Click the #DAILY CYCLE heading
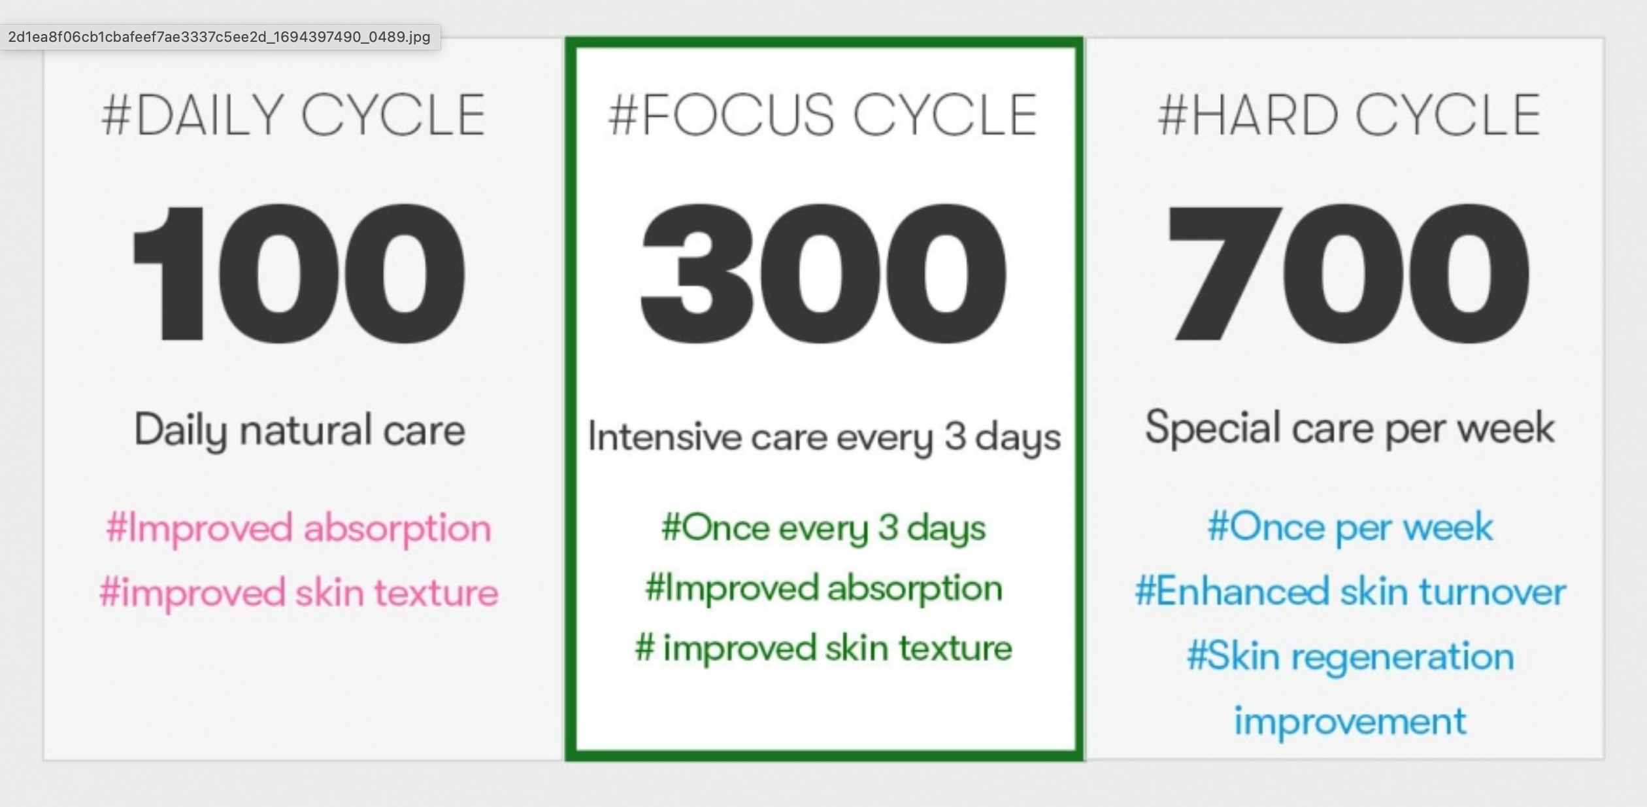click(x=293, y=115)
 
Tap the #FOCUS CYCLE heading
click(x=823, y=115)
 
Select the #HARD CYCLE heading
click(x=1350, y=115)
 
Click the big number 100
click(x=299, y=273)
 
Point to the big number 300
click(x=823, y=273)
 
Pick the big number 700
click(x=1348, y=273)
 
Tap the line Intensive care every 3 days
click(x=824, y=438)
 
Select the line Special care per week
click(x=1350, y=428)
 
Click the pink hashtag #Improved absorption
click(x=299, y=529)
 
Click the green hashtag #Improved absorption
click(x=823, y=589)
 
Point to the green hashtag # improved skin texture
click(x=823, y=649)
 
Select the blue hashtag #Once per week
click(x=1350, y=528)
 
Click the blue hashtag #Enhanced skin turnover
click(x=1350, y=592)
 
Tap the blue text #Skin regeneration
click(x=1350, y=657)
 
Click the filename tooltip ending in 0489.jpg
click(x=220, y=37)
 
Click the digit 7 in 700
click(x=1223, y=273)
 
